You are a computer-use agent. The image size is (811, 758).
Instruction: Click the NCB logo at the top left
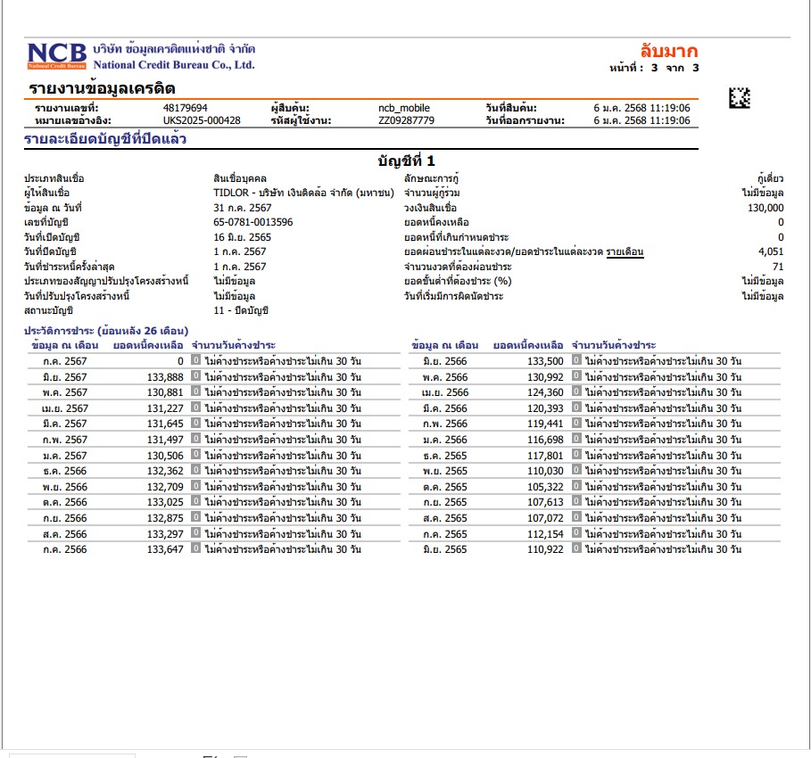(55, 56)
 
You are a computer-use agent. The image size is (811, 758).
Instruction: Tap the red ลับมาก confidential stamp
(669, 51)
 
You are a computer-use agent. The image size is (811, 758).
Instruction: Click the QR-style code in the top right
(740, 97)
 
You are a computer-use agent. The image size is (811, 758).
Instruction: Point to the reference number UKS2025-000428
(202, 120)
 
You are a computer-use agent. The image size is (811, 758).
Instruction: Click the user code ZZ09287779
(406, 120)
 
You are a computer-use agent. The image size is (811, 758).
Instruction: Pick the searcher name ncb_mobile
(404, 108)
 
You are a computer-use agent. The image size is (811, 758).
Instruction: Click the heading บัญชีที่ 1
(406, 161)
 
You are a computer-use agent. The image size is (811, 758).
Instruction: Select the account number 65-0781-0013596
(253, 222)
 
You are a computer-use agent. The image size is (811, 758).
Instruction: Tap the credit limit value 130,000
(765, 207)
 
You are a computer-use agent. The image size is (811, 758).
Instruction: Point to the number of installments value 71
(778, 266)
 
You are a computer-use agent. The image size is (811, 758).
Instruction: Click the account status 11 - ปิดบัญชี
(241, 310)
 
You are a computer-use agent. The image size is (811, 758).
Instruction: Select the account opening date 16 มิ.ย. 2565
(243, 237)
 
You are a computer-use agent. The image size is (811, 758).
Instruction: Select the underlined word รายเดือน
(625, 252)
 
